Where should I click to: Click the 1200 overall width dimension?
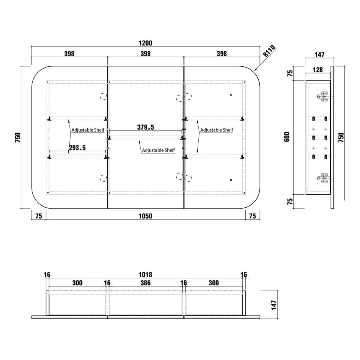pos(145,43)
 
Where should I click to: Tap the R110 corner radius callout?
pos(269,51)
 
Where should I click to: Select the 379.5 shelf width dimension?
pos(145,127)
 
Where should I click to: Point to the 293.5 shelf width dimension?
pos(77,148)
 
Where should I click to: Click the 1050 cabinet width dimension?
pos(145,216)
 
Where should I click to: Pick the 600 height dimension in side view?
pos(287,137)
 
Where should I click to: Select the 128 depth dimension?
pos(318,70)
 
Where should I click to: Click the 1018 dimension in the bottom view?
pos(145,274)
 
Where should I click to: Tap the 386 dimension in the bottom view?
pos(145,283)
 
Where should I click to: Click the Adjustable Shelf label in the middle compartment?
pos(158,150)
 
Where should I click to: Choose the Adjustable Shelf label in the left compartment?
pos(88,130)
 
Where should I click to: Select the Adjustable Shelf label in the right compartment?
pos(217,130)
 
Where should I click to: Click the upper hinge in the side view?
pos(324,96)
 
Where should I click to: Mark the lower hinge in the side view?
pos(324,178)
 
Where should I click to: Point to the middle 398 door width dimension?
pos(145,54)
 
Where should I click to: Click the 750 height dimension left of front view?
pos(18,137)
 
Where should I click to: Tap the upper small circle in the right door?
pos(231,95)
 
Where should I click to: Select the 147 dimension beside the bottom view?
pos(274,305)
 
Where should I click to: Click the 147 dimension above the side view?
pos(319,55)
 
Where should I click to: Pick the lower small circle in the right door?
pos(231,180)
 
